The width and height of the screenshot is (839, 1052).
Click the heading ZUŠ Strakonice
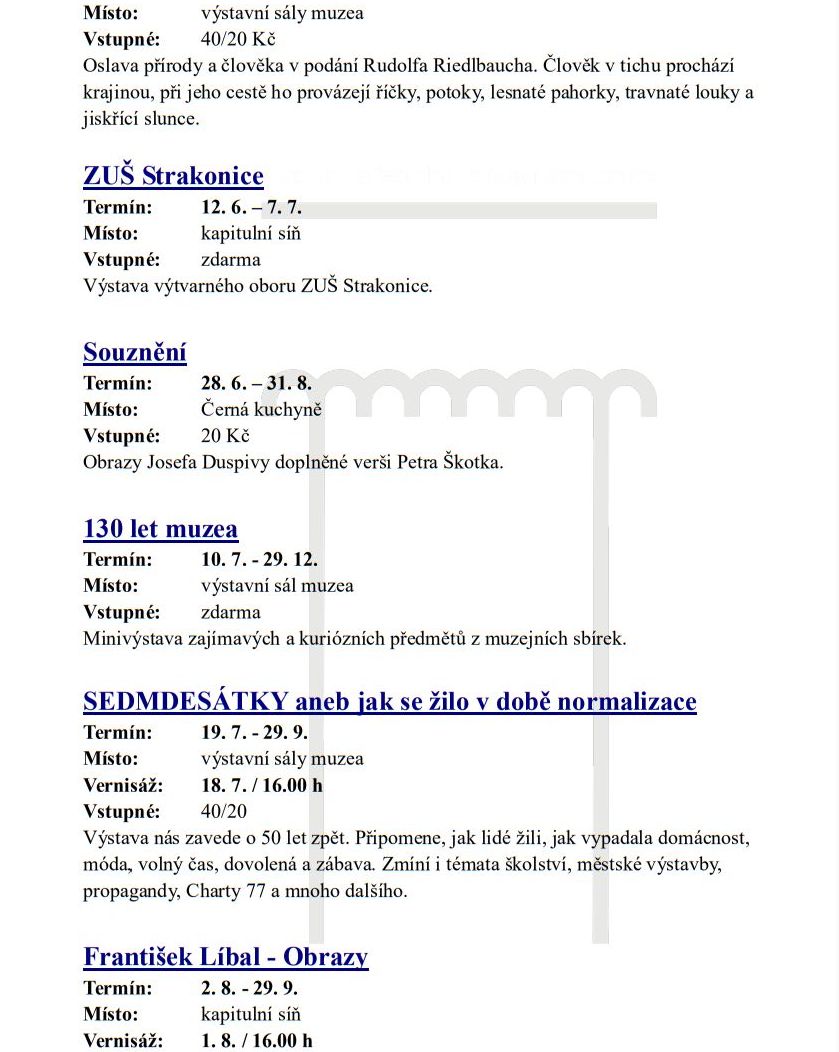(x=173, y=177)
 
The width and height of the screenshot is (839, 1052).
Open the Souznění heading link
(x=135, y=353)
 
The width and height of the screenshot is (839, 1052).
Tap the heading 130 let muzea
(x=161, y=528)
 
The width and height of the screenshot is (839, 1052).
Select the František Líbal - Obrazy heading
(x=226, y=957)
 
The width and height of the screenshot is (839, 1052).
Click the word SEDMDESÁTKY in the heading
(x=187, y=702)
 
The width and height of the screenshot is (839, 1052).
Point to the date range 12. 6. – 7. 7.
(x=251, y=208)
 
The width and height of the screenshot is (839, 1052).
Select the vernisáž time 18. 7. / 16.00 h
(x=262, y=785)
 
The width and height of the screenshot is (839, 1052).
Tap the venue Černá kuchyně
(x=261, y=410)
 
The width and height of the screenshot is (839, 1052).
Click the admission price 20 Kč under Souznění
(x=225, y=436)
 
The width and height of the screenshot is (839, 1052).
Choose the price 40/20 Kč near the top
(x=238, y=40)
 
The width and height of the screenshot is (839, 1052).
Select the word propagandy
(x=132, y=890)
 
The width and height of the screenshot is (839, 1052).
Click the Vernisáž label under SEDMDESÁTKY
(x=123, y=785)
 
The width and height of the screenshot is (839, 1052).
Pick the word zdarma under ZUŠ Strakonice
(x=231, y=260)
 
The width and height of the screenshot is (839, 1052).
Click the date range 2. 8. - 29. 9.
(x=250, y=988)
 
